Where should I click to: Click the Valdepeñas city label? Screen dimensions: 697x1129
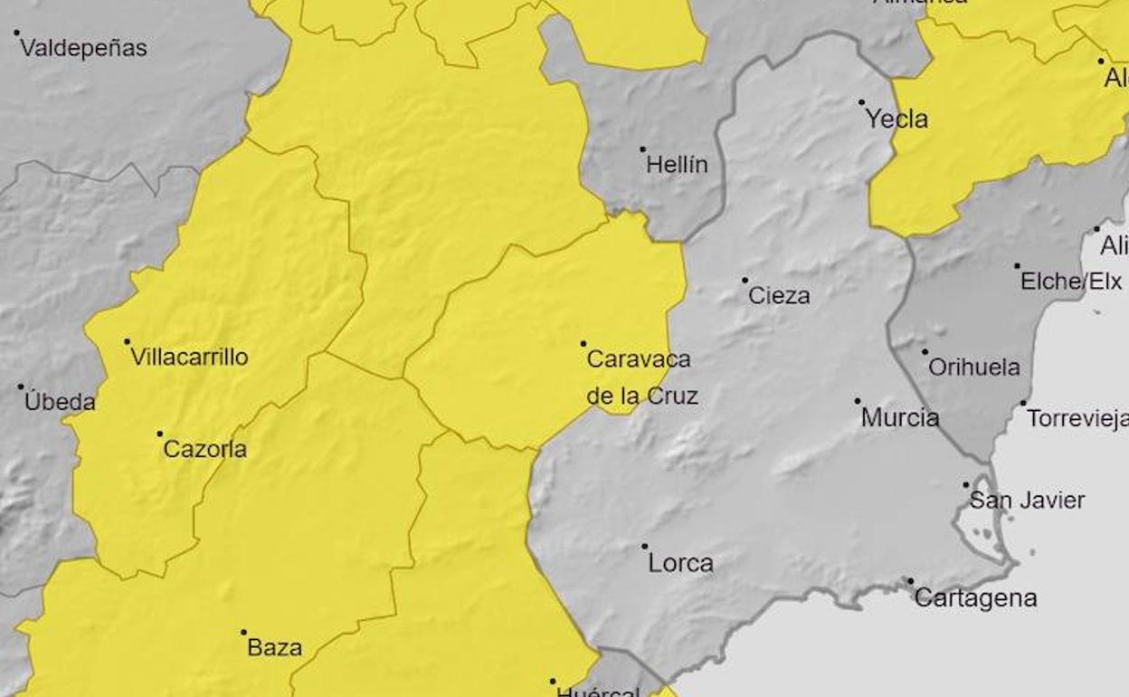coord(83,48)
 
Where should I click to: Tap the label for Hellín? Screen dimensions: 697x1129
coord(677,165)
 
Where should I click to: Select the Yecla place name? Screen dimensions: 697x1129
coord(897,119)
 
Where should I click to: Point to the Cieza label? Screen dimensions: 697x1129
coord(779,295)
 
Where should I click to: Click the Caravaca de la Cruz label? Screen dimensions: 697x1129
coord(640,377)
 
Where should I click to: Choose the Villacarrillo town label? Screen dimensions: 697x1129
coord(189,357)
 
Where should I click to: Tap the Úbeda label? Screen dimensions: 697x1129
coord(60,401)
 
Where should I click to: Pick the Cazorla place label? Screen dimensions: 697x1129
coord(204,449)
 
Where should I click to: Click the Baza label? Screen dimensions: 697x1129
coord(274,647)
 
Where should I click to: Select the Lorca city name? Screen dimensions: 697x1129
coord(680,563)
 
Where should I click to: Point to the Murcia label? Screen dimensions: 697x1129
coord(900,417)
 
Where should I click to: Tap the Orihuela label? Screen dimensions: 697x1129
coord(974,368)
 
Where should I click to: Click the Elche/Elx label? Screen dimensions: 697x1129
coord(1071,282)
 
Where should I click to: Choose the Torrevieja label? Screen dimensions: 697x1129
coord(1077,418)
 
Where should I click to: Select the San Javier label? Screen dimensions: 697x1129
coord(1027,500)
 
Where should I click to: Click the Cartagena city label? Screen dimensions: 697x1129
coord(975,597)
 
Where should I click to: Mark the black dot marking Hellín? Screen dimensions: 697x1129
coord(643,149)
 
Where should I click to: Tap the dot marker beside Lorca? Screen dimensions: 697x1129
coord(645,547)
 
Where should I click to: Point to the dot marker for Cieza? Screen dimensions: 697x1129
coord(745,281)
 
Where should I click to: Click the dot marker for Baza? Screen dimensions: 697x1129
coord(243,633)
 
